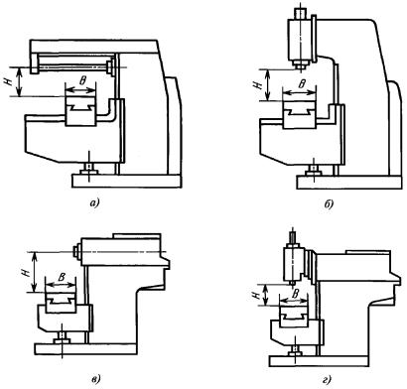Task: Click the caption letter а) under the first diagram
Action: [94, 202]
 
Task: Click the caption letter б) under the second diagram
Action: [329, 204]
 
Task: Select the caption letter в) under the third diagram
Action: [96, 379]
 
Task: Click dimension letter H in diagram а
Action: [9, 81]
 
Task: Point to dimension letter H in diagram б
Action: [258, 85]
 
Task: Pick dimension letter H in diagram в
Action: [28, 272]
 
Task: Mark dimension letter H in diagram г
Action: [257, 296]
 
